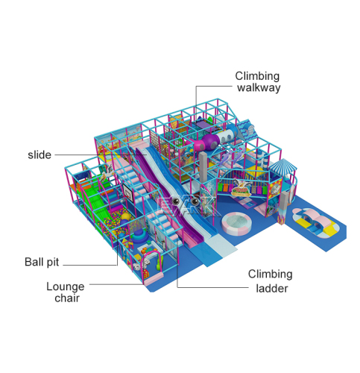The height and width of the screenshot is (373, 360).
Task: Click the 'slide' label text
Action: coord(40,154)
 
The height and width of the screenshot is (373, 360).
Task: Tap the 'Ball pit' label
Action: coord(42,262)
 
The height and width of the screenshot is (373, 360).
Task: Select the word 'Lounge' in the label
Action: coord(66,286)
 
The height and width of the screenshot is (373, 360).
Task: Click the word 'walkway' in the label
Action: coord(259,87)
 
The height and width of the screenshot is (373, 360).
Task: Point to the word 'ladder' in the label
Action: coord(272,289)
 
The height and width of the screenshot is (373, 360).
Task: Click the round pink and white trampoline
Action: coord(236,224)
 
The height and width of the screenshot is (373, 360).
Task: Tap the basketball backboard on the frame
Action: coord(129,192)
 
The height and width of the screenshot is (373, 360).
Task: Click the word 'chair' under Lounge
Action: coord(67,298)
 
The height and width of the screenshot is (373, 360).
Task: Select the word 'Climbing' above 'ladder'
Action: coord(270,274)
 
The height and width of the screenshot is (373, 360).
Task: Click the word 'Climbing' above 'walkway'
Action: coord(257,76)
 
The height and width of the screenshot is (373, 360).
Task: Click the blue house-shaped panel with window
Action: coord(247,130)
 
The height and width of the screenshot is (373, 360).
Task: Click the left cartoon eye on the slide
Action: coord(177,201)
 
